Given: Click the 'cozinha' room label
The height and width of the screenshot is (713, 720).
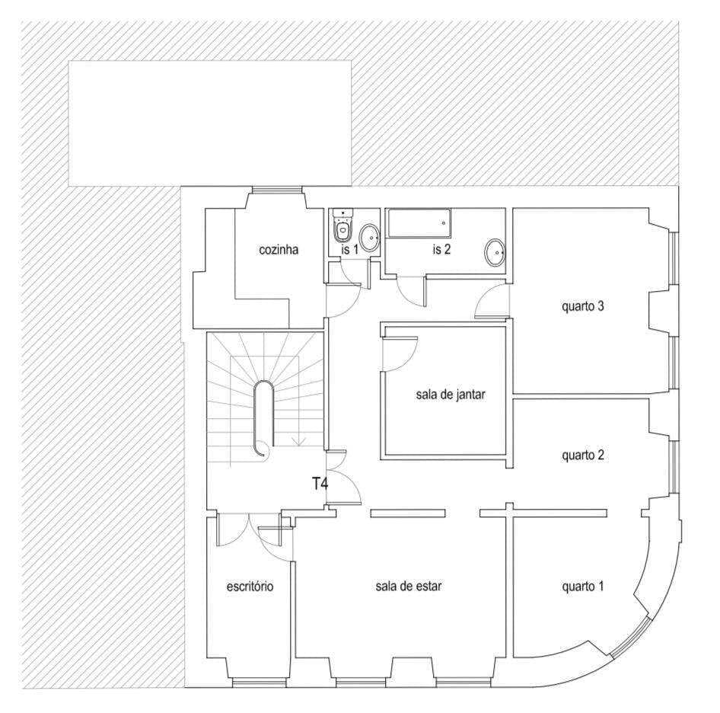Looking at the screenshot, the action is point(279,250).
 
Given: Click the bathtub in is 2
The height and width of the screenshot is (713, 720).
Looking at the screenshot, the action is point(418,223).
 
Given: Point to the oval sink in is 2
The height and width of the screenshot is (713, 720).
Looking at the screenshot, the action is point(495,252).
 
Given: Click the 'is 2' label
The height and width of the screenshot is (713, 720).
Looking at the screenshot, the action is point(441,250).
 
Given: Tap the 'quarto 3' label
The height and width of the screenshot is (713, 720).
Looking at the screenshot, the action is point(582,306).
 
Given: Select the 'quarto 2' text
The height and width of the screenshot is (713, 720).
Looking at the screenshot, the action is point(582,455).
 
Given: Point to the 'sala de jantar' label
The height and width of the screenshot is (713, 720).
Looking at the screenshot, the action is point(451,395).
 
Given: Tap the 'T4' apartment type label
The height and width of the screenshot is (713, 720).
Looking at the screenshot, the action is point(320,484).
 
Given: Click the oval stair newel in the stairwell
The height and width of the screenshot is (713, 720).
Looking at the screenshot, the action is point(264,417).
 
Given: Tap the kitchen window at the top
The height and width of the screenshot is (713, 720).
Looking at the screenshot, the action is point(277,190).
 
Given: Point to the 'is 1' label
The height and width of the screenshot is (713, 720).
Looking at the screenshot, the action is point(349,250).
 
